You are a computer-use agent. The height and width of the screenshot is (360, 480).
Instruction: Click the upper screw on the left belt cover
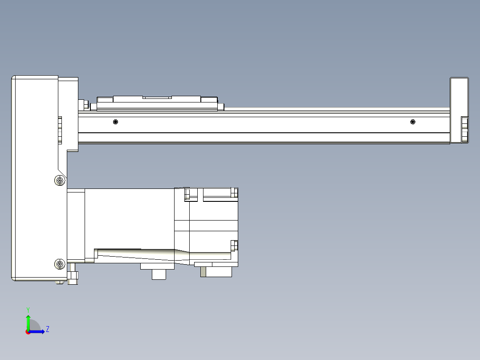(59, 180)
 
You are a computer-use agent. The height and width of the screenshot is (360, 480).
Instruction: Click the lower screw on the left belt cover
(60, 264)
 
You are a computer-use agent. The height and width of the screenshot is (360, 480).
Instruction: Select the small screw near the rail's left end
(116, 122)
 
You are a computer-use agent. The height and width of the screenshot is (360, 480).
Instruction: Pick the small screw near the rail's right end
(413, 122)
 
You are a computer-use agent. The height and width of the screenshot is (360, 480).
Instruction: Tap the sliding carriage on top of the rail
(157, 103)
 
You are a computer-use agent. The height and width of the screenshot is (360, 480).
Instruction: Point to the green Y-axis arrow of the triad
(28, 321)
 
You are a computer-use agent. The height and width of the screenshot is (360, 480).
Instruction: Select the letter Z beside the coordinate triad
(48, 329)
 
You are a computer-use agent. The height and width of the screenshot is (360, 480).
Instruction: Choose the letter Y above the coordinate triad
(28, 309)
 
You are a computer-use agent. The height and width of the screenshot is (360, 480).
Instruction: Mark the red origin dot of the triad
(28, 332)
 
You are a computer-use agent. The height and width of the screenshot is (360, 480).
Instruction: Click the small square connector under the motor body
(159, 274)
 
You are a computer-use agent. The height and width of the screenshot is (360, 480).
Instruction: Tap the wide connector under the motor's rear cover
(217, 271)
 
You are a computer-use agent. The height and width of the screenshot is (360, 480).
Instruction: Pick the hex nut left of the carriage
(82, 105)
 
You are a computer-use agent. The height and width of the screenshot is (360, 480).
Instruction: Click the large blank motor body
(129, 218)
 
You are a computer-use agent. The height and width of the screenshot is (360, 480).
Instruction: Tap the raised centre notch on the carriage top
(157, 97)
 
